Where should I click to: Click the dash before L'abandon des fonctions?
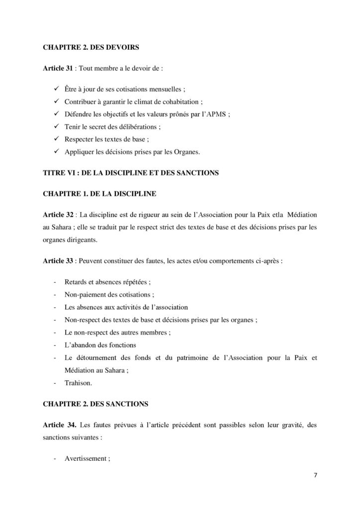tap(54, 345)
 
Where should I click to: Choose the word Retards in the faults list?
tap(77, 281)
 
